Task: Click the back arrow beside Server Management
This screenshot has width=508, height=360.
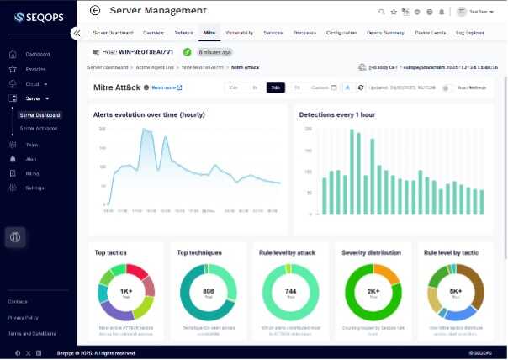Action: click(94, 11)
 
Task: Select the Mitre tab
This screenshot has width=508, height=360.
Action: click(209, 32)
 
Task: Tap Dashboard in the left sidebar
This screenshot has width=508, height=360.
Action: click(37, 55)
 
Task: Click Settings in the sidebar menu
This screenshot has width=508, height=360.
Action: click(34, 188)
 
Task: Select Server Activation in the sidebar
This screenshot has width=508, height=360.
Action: click(39, 128)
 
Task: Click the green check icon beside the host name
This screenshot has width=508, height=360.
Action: click(187, 52)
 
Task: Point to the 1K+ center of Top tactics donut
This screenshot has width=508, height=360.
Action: click(125, 293)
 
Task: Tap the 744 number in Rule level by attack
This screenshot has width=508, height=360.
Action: click(289, 293)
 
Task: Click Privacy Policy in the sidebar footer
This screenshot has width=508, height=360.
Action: click(23, 318)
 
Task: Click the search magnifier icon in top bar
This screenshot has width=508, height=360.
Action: click(383, 12)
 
